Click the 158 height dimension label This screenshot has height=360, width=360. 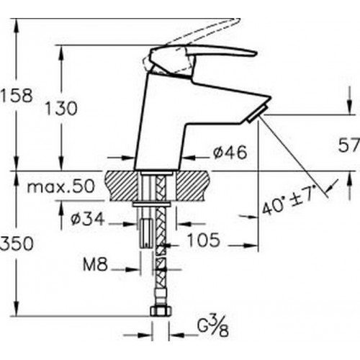(x=17, y=96)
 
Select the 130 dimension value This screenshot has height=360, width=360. (x=61, y=108)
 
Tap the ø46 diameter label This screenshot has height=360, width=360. (x=230, y=152)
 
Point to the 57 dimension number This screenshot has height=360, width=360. (x=349, y=145)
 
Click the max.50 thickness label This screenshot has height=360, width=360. (x=61, y=186)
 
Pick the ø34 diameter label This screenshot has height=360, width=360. (x=88, y=218)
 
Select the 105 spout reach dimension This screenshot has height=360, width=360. (x=204, y=240)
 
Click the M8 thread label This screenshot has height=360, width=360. (x=95, y=265)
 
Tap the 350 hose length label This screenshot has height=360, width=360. (x=17, y=243)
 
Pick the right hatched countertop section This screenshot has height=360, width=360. (x=194, y=185)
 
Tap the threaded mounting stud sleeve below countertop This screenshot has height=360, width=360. (x=145, y=233)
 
